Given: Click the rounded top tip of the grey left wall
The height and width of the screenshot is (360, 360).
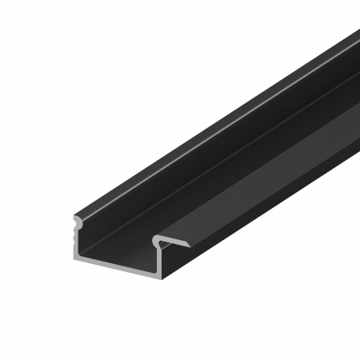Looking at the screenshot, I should (x=77, y=217).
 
